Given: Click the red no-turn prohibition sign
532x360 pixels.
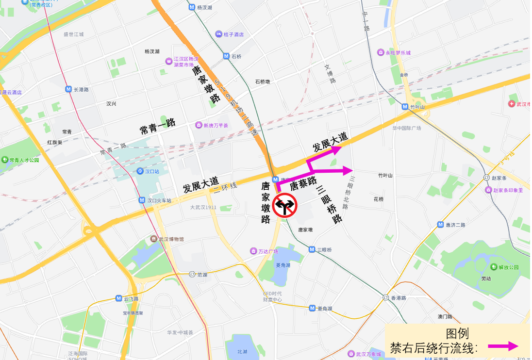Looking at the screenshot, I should coord(284,205).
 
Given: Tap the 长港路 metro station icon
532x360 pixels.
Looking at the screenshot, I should coord(68,89).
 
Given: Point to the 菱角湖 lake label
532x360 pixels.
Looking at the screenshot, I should coord(283,265).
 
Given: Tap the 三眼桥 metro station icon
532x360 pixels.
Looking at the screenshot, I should coord(312,249).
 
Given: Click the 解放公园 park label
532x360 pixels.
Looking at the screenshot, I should coord(508,267).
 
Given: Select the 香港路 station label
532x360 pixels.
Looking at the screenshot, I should coord(399,297).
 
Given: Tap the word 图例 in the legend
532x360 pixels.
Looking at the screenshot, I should coord(457,334).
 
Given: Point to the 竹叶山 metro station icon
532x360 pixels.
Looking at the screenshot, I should coord(405,107).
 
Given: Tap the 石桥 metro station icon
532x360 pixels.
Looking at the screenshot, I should coord(226,56).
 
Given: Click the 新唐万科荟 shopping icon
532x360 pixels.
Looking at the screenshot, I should coord(199,125).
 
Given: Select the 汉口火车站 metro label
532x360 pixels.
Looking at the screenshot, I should coord(159,200).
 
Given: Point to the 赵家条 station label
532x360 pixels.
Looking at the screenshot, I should coord(498,178).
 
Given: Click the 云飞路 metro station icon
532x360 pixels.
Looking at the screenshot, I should coord(119,298).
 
